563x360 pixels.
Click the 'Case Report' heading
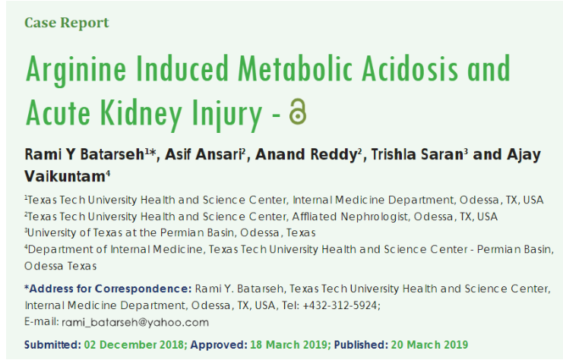(x=66, y=23)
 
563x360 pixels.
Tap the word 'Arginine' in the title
(x=76, y=70)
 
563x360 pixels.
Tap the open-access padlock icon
(x=298, y=112)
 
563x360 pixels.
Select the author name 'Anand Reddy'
(x=306, y=154)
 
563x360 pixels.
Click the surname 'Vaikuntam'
(x=65, y=176)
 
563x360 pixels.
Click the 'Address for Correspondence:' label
(x=108, y=289)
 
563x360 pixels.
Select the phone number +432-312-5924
(x=340, y=305)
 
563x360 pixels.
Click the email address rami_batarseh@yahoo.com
(x=135, y=322)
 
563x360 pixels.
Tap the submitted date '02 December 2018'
(x=134, y=345)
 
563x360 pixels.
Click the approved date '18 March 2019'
(x=289, y=345)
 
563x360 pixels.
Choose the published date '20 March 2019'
(x=429, y=345)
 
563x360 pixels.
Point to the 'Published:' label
(x=361, y=345)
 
